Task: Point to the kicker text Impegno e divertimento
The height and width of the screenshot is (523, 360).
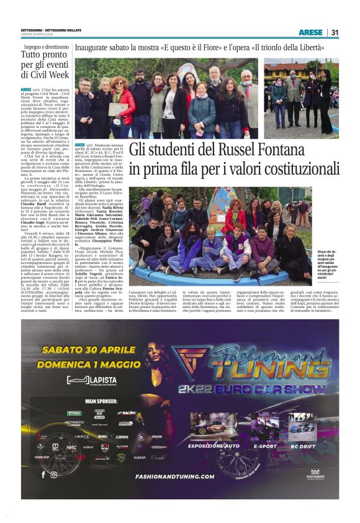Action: pos(47,47)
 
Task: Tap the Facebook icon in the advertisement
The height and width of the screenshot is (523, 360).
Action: pos(43,475)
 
